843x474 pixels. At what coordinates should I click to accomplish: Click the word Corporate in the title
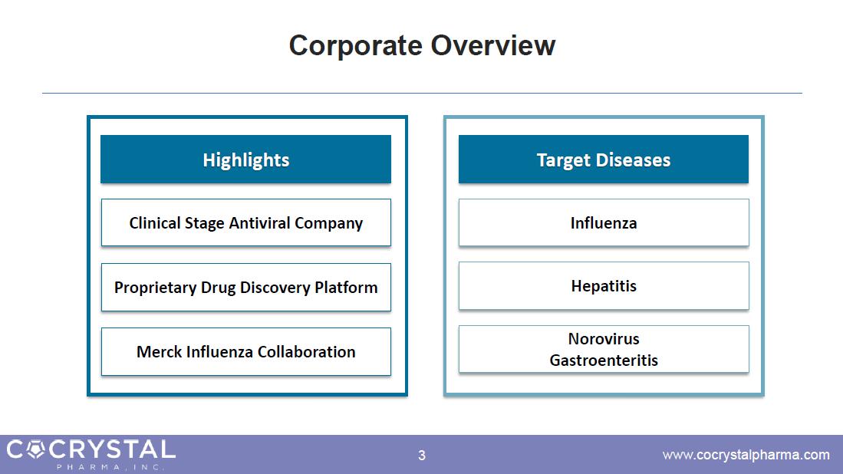tap(355, 47)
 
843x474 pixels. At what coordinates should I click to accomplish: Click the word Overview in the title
tap(493, 45)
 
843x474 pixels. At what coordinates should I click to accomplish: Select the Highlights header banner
tap(245, 159)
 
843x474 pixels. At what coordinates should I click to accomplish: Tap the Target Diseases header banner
tap(603, 159)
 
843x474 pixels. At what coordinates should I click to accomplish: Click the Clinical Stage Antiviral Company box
tap(245, 222)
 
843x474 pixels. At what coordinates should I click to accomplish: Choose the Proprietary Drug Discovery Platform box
tap(245, 287)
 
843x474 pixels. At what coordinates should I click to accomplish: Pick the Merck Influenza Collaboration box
tap(245, 351)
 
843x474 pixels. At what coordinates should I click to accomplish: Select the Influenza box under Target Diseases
tap(603, 222)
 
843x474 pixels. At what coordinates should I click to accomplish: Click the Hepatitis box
tap(603, 285)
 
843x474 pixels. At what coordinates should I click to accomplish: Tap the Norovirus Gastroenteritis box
tap(603, 349)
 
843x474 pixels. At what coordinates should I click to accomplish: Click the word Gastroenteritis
tap(603, 360)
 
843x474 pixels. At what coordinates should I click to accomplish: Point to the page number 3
tap(422, 455)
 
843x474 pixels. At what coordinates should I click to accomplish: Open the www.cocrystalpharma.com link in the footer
tap(746, 455)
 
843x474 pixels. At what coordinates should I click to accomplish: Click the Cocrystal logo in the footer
tap(91, 454)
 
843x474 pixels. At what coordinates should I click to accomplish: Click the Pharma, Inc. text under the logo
tap(110, 466)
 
